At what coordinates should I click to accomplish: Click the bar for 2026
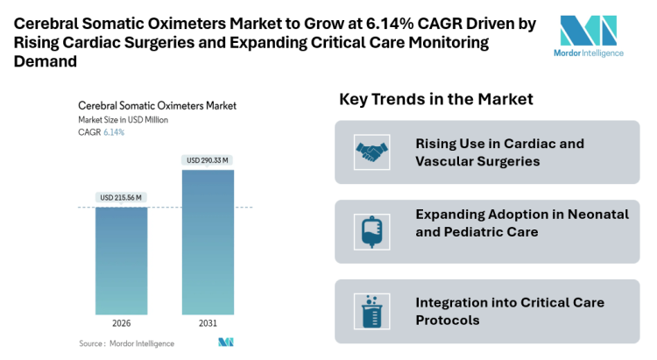(x=122, y=260)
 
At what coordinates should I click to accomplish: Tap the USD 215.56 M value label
(x=122, y=198)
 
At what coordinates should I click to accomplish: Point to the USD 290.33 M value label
(x=208, y=160)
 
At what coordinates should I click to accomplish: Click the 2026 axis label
(x=122, y=322)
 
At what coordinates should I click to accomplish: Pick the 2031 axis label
(x=208, y=322)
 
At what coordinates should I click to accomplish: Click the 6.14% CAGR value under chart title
(x=114, y=132)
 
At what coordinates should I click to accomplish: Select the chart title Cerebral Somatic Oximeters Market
(x=157, y=105)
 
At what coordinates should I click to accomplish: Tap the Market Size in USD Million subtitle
(x=123, y=119)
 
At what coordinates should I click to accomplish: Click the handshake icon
(x=371, y=152)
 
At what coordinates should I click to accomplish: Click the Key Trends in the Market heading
(x=435, y=100)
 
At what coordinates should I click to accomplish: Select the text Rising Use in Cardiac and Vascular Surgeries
(x=499, y=152)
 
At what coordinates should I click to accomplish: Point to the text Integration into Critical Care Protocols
(x=510, y=311)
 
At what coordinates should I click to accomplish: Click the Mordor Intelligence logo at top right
(x=590, y=35)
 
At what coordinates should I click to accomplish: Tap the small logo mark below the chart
(x=226, y=342)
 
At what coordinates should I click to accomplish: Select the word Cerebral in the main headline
(x=48, y=24)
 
